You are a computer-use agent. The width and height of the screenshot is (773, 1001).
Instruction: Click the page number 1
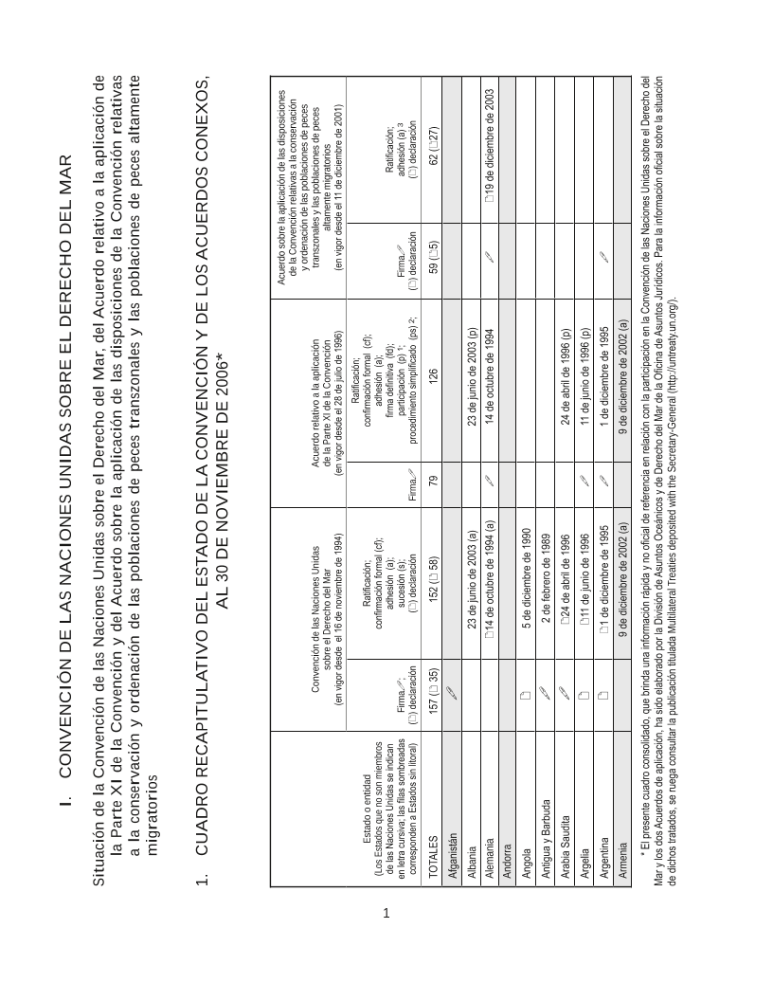(386, 914)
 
